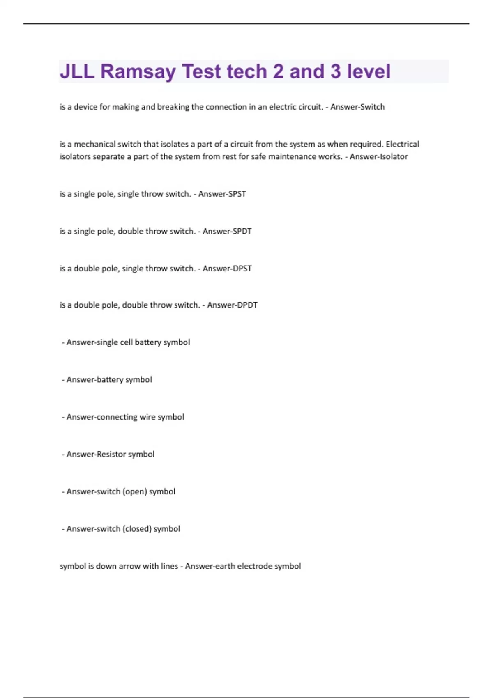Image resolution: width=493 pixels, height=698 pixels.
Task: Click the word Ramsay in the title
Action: pos(138,72)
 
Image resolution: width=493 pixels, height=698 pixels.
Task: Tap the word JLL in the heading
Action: pos(77,72)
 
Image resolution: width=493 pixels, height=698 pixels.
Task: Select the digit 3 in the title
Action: pos(336,72)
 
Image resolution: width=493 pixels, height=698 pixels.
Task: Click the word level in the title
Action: pos(369,72)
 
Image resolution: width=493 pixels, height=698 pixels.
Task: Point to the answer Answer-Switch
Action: pos(357,107)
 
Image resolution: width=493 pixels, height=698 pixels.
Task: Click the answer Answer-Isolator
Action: pos(378,157)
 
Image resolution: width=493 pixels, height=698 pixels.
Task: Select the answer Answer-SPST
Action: pos(222,194)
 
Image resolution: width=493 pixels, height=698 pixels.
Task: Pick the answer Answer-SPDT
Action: pos(227,232)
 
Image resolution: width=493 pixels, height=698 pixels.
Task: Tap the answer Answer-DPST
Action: pos(227,269)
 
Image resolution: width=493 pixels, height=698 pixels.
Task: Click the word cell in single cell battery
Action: pos(126,342)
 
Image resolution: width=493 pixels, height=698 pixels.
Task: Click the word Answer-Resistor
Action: pos(96,455)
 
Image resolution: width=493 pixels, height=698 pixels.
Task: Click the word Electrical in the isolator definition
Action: pos(402,145)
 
